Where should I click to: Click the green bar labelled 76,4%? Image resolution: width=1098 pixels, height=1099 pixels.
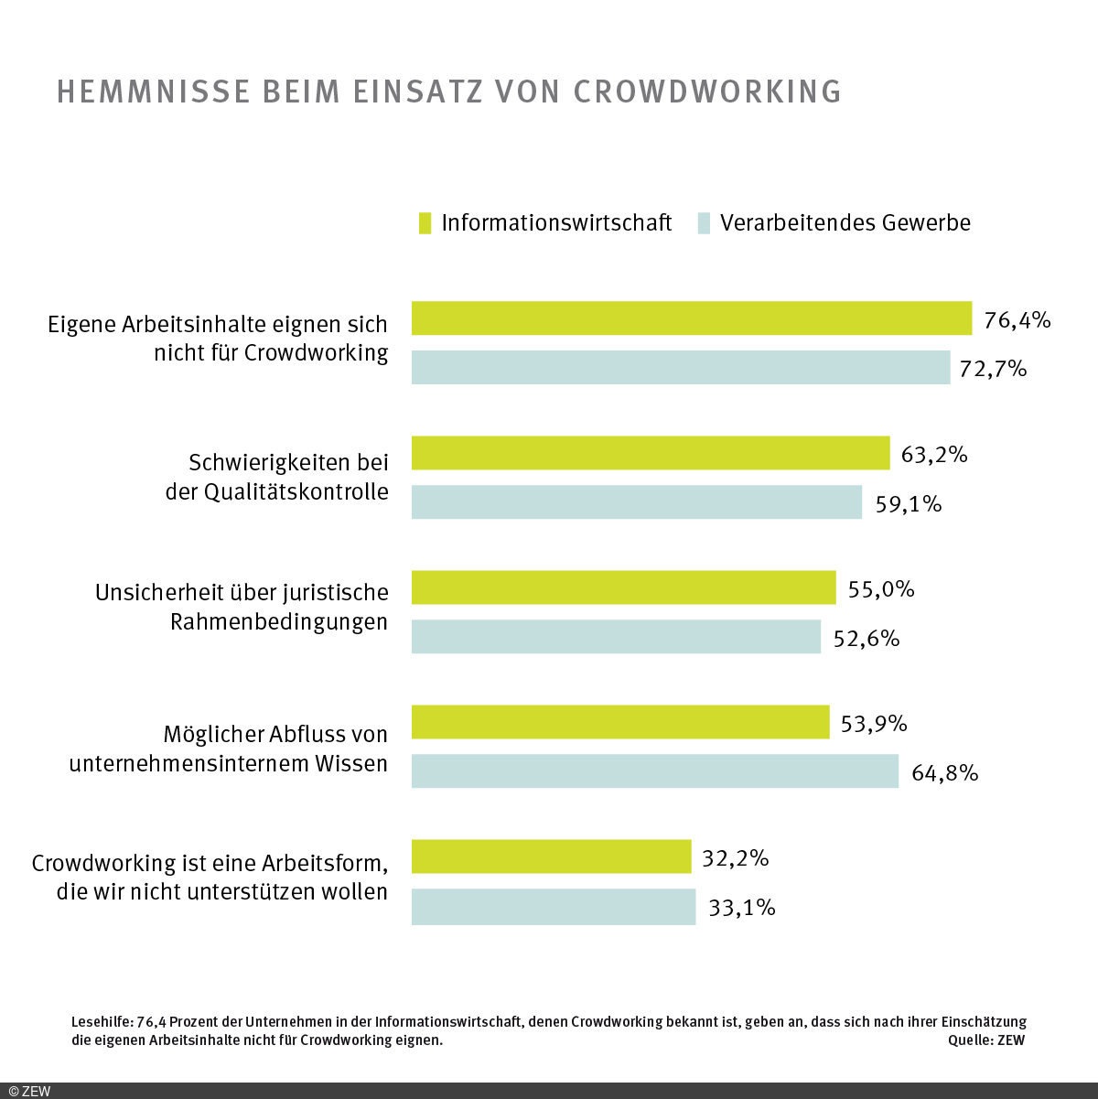click(691, 318)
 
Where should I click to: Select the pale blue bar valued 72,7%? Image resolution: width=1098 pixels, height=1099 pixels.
click(681, 368)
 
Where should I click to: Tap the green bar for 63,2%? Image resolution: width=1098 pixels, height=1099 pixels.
click(650, 453)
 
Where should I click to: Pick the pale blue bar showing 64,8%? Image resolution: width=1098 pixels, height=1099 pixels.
click(654, 771)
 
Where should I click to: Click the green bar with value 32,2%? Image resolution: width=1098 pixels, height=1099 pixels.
click(551, 857)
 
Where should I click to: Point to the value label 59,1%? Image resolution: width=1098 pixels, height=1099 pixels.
click(908, 504)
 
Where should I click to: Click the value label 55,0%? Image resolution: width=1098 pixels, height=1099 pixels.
click(880, 589)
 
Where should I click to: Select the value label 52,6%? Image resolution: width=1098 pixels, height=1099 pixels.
click(866, 639)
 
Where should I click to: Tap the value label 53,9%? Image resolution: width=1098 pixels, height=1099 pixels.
click(873, 724)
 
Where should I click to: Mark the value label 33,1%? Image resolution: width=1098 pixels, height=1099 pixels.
click(741, 908)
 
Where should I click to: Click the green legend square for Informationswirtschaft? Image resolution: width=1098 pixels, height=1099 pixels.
click(425, 223)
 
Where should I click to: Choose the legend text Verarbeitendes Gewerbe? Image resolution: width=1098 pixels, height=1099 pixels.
click(845, 223)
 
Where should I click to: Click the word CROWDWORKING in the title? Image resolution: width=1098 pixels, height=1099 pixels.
click(707, 92)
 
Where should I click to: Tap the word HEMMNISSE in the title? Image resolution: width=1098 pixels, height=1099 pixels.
click(154, 92)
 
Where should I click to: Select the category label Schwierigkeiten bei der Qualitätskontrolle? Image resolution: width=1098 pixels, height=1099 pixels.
click(276, 477)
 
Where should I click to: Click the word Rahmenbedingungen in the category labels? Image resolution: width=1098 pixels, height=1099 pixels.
click(279, 622)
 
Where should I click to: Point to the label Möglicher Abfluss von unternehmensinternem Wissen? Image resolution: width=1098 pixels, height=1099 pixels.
click(229, 749)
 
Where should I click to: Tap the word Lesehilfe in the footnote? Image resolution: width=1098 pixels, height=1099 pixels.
click(101, 1022)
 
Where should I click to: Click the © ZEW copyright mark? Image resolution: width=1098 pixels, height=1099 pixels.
click(29, 1091)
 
